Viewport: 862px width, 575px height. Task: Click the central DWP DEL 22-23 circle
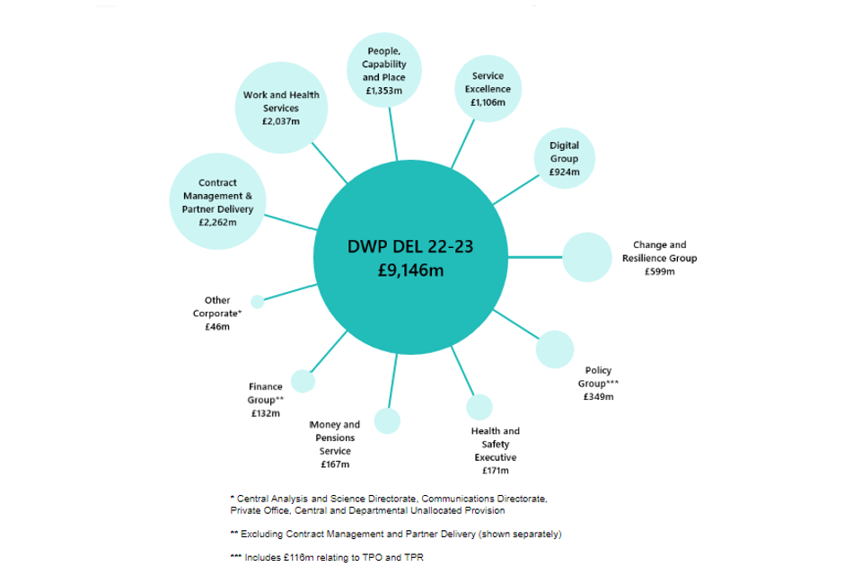[410, 257]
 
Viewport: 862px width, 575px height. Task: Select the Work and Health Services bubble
[281, 108]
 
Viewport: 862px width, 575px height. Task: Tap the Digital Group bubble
[565, 158]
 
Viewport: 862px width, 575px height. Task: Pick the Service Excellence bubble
[488, 89]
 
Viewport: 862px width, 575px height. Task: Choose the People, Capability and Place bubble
[384, 70]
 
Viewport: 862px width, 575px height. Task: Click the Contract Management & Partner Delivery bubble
[217, 201]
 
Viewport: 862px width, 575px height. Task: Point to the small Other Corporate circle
[258, 302]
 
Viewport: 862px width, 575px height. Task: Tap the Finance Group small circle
[303, 381]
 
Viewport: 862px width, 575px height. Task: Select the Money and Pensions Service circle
[388, 421]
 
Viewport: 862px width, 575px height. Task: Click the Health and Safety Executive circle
[479, 407]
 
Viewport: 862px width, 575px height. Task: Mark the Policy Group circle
[555, 349]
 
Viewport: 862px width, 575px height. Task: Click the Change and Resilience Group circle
[587, 257]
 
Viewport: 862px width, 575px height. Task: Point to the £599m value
[660, 271]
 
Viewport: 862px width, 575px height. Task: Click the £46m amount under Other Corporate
[217, 327]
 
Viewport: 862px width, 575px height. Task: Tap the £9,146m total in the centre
[410, 270]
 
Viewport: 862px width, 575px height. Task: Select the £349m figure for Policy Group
[599, 397]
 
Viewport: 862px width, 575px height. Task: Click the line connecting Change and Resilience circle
[535, 257]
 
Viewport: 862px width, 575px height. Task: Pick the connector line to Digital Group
[516, 190]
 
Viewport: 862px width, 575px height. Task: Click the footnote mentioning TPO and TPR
[327, 557]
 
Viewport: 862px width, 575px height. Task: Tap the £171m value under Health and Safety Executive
[496, 471]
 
